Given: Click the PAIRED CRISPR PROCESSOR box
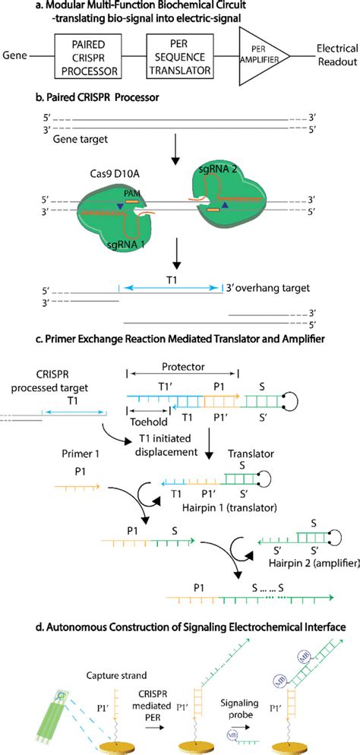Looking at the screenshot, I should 84,56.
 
